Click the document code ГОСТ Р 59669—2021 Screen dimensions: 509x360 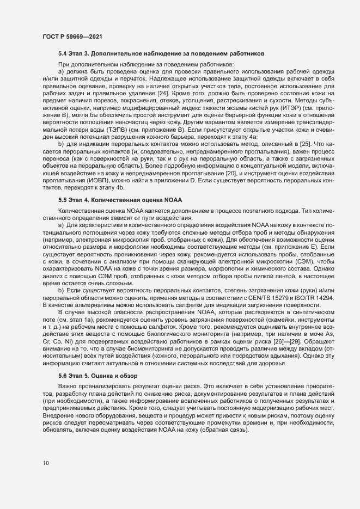click(70, 37)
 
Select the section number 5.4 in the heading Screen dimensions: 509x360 click(64, 55)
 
